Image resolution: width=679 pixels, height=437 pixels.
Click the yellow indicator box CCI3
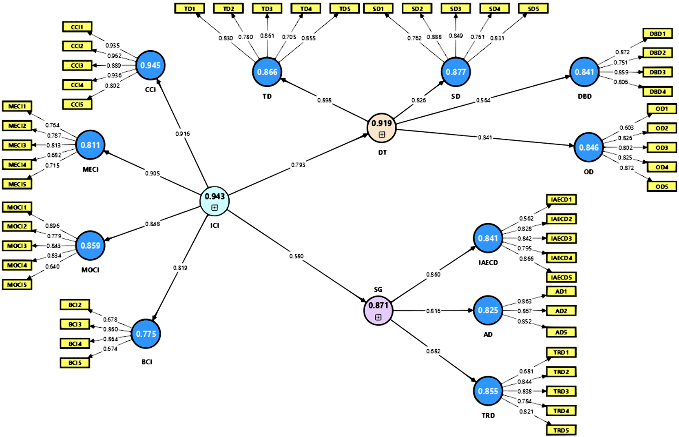[77, 65]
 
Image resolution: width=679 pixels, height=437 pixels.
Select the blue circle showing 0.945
[150, 65]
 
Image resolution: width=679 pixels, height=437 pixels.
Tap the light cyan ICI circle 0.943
[215, 201]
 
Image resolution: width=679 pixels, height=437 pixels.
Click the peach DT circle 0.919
[382, 128]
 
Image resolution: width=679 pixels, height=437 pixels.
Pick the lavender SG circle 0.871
[378, 310]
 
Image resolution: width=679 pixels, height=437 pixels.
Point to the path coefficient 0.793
[298, 165]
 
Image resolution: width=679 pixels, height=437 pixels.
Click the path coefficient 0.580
[296, 256]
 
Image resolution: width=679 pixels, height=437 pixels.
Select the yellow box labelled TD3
[267, 9]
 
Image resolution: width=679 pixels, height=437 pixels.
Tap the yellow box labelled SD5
[533, 9]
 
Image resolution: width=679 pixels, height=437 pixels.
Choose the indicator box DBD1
[657, 33]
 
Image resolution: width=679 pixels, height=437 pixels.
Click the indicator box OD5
[662, 186]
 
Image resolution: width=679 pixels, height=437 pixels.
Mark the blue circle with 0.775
[146, 334]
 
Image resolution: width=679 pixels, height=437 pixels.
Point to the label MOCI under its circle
[91, 270]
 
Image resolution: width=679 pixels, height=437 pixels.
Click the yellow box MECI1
[17, 106]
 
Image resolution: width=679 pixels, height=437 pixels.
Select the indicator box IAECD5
[561, 277]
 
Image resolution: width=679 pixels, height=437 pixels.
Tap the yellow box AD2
[561, 311]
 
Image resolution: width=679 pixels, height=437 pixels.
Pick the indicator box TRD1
[561, 353]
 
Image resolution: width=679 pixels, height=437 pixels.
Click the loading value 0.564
[483, 100]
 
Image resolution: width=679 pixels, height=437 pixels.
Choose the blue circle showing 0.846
[588, 147]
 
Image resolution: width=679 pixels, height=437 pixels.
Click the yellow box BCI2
[75, 305]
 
